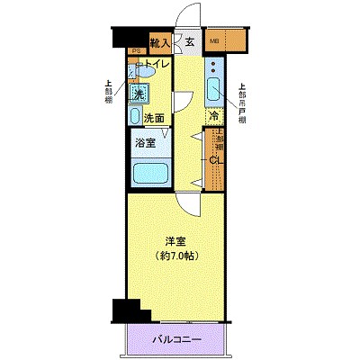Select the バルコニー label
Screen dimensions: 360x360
click(176, 339)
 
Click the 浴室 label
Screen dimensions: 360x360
click(146, 141)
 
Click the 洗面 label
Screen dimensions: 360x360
click(153, 118)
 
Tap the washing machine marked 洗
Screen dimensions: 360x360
click(139, 93)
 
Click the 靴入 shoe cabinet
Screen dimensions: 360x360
click(161, 42)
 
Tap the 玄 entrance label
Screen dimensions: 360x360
click(191, 41)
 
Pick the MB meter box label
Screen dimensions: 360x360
click(215, 41)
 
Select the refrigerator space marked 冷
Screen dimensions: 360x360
click(214, 116)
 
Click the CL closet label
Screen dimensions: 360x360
click(215, 160)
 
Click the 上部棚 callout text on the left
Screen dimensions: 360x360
click(109, 93)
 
